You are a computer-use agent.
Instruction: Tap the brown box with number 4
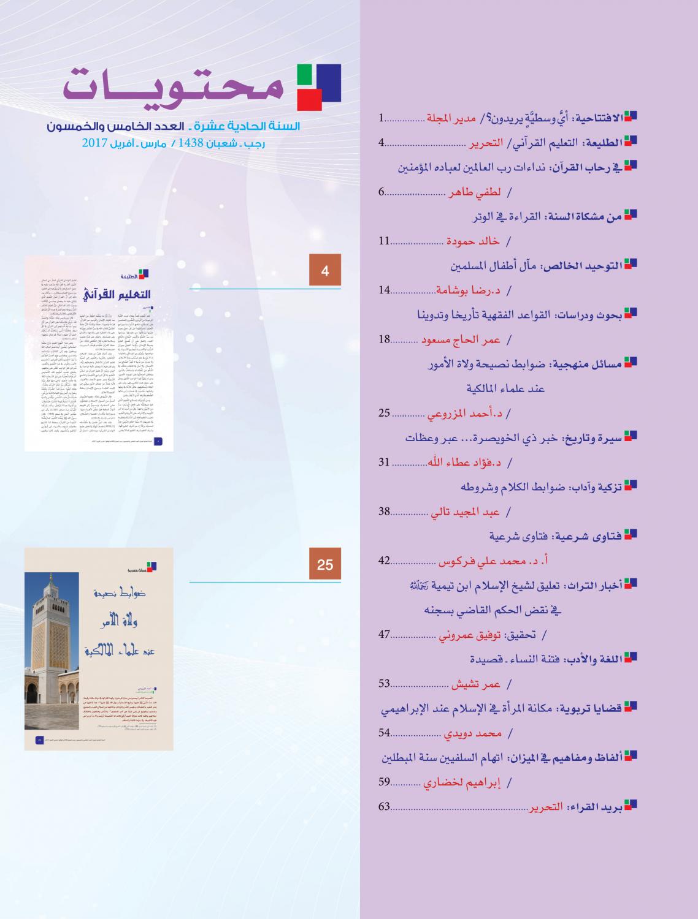click(325, 271)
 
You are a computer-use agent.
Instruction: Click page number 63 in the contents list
click(384, 806)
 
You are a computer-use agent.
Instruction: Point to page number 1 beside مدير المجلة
click(381, 116)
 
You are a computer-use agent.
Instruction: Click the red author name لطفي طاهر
click(475, 192)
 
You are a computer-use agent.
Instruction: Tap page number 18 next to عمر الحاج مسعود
click(384, 339)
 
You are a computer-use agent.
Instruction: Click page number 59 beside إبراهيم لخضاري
click(384, 782)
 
